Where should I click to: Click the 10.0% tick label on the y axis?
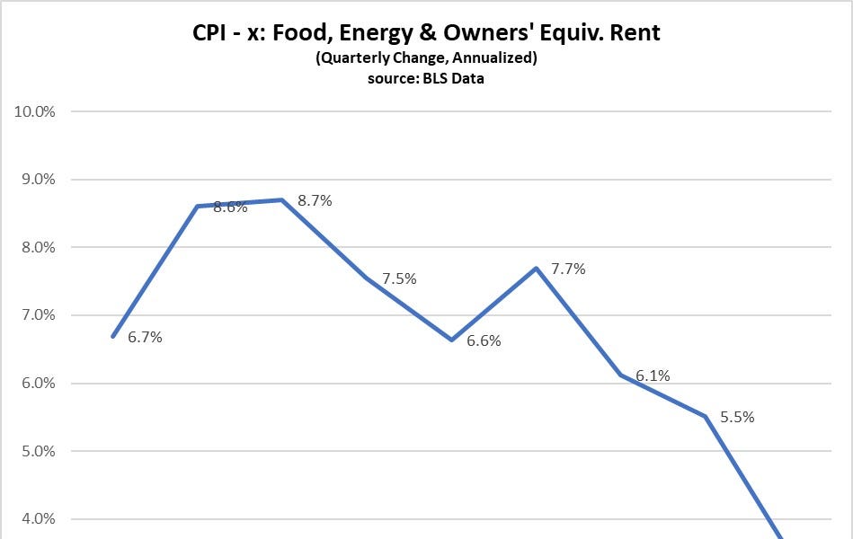(x=33, y=111)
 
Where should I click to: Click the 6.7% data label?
(x=145, y=338)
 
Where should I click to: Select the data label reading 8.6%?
(x=230, y=207)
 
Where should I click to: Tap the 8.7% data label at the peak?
(x=315, y=201)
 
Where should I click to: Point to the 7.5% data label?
(x=399, y=278)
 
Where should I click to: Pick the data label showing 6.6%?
(x=484, y=341)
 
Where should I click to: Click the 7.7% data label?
(x=568, y=269)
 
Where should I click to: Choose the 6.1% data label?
(x=653, y=376)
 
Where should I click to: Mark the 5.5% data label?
(x=737, y=417)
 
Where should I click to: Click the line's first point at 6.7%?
(x=112, y=337)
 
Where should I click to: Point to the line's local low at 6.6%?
(x=451, y=340)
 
